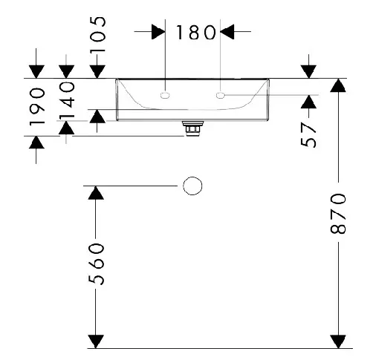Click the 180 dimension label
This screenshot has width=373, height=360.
[x=195, y=32]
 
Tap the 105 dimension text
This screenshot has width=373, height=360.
[x=97, y=34]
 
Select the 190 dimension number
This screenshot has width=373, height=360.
[x=37, y=107]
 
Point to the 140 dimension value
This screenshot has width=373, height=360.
[x=67, y=100]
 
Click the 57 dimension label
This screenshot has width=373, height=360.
[x=308, y=135]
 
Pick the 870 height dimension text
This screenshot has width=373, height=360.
[x=338, y=214]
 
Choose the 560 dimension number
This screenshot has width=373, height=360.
[x=96, y=264]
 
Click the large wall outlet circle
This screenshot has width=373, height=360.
[x=192, y=186]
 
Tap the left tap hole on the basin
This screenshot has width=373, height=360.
[x=165, y=95]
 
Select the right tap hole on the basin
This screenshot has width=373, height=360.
[x=220, y=95]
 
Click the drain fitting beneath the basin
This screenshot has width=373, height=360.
[x=192, y=128]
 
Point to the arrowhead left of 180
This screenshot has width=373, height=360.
[x=158, y=32]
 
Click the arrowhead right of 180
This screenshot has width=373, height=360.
[x=227, y=32]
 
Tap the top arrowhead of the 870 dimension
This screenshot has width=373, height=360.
[x=338, y=85]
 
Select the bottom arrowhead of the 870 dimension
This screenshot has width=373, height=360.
[x=338, y=341]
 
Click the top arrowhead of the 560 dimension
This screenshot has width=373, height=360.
[x=96, y=193]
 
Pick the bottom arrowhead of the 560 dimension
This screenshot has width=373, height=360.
[x=96, y=341]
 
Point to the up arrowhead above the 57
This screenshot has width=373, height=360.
[x=308, y=102]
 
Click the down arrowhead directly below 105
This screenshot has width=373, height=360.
[x=97, y=72]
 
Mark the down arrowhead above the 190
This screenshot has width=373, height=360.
[x=36, y=72]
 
